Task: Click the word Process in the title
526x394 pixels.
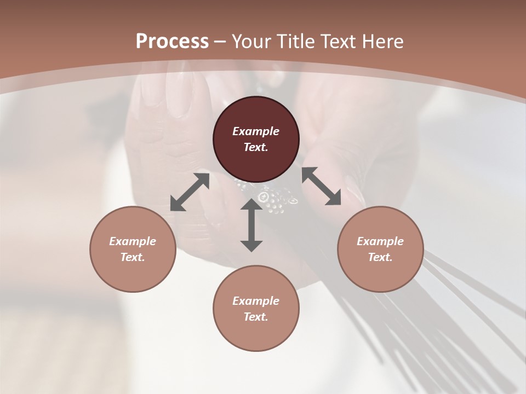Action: pyautogui.click(x=172, y=42)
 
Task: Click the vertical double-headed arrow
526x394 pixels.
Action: pyautogui.click(x=251, y=225)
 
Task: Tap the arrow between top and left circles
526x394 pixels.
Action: pyautogui.click(x=190, y=192)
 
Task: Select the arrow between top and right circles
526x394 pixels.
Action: pyautogui.click(x=322, y=186)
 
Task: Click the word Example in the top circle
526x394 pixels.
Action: pyautogui.click(x=256, y=131)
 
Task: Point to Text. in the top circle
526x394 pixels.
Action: pyautogui.click(x=256, y=147)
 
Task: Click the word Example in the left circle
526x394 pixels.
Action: pyautogui.click(x=133, y=241)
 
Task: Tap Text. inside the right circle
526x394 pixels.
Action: pyautogui.click(x=380, y=257)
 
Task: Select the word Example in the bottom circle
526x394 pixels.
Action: pyautogui.click(x=256, y=301)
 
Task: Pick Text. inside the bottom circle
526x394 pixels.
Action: pyautogui.click(x=256, y=317)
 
